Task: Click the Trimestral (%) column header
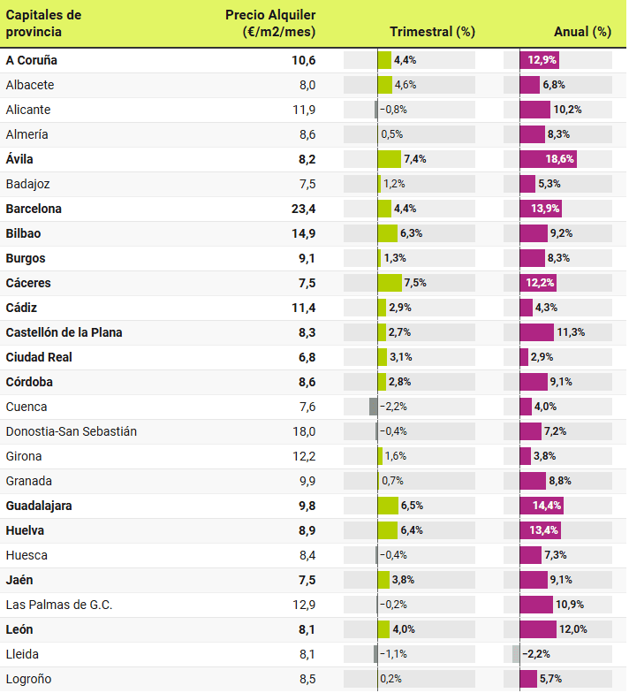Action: (432, 32)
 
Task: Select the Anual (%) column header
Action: (582, 32)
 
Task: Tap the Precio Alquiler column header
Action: (270, 24)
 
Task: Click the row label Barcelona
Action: (34, 209)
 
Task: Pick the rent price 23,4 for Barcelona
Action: (304, 209)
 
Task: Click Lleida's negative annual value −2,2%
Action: (536, 654)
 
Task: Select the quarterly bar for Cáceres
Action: (390, 283)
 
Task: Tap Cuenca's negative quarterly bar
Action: (374, 407)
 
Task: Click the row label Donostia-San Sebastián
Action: (71, 431)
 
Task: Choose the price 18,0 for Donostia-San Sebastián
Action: (304, 431)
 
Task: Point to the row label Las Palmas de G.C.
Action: (58, 605)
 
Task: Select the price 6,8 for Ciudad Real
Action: (307, 357)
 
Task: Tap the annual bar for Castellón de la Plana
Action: (537, 332)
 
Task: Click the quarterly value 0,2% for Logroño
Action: (391, 679)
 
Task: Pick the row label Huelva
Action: (25, 530)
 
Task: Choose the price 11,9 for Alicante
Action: (304, 110)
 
